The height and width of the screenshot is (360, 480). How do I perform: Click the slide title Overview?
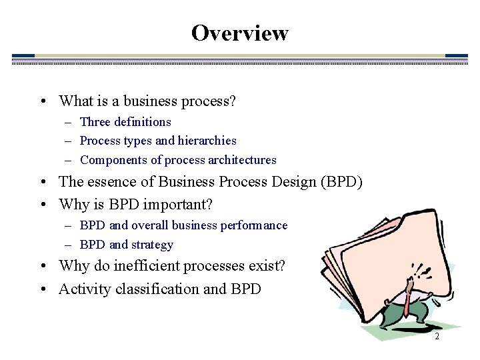click(x=239, y=33)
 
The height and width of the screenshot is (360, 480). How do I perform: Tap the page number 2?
click(x=437, y=337)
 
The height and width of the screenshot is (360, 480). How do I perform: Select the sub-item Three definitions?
click(x=125, y=122)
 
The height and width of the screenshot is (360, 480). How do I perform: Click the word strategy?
click(x=152, y=245)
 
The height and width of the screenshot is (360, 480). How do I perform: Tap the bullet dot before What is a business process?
click(x=42, y=102)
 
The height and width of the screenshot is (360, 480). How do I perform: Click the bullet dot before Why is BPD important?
click(x=42, y=204)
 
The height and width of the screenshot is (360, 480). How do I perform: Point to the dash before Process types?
click(x=69, y=141)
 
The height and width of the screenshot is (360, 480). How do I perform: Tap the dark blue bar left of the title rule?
click(x=23, y=57)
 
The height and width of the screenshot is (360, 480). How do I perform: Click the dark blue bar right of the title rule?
click(x=456, y=57)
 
